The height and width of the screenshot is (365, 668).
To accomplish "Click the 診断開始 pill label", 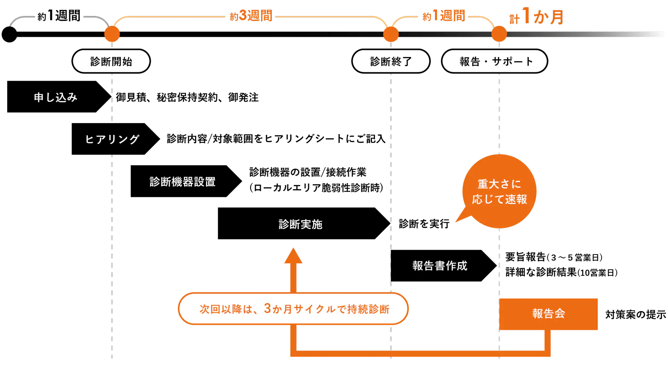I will point(111,61).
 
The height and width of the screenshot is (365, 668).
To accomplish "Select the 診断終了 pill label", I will point(391,61).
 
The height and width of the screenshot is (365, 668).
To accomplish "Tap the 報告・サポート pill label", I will point(495,61).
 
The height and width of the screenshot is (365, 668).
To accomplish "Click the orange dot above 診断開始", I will point(112,35).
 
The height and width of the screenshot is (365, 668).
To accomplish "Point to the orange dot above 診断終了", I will point(391,35).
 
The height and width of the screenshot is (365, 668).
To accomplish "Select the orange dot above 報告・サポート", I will point(499,35).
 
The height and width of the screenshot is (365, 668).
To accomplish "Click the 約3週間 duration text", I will point(251,16).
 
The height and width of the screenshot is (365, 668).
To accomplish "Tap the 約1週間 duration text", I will point(444,16).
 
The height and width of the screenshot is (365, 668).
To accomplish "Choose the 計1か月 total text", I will point(537,17).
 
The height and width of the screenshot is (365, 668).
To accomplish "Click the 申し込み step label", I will point(55,98).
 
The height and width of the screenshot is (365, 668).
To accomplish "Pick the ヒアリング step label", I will point(112,139).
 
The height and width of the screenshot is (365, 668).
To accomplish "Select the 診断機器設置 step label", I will point(183,182).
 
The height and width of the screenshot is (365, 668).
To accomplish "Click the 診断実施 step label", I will point(300,224).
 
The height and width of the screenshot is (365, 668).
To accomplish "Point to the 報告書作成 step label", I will point(440,266).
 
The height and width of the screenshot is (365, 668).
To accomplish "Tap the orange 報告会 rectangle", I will point(548,314).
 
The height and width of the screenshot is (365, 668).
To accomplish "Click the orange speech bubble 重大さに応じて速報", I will point(499,191).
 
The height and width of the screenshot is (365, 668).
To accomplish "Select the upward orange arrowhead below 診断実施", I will point(293,256).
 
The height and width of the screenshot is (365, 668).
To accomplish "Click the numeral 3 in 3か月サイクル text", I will point(267,309).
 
